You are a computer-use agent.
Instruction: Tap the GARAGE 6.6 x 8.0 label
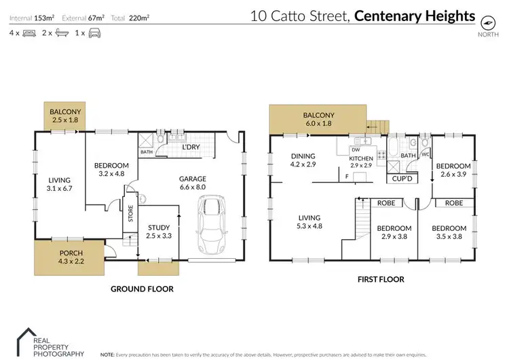click(193, 183)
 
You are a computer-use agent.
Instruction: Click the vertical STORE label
click(130, 215)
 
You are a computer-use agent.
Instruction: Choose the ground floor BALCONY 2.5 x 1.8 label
click(65, 116)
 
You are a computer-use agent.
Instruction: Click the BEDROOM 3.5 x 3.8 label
click(449, 232)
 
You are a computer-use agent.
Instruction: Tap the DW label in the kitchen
click(354, 151)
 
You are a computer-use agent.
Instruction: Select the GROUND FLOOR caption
click(142, 289)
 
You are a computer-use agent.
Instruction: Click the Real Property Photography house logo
click(26, 338)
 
